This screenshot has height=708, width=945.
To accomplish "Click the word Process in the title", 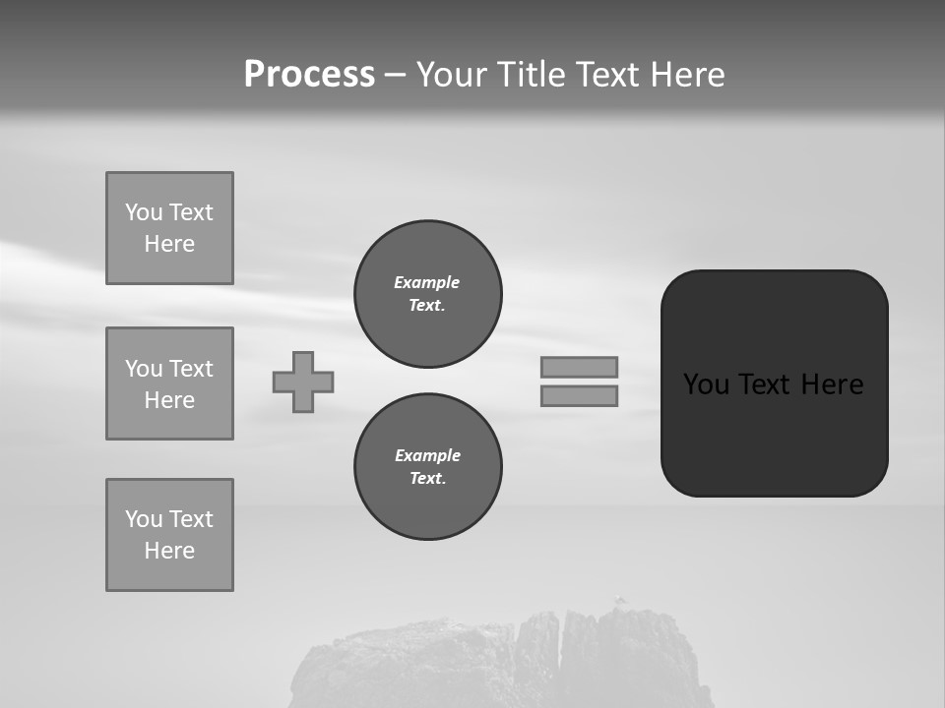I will tap(309, 75).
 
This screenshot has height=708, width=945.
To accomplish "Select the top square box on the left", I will tap(169, 228).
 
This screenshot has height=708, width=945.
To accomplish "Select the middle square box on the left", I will tap(169, 383).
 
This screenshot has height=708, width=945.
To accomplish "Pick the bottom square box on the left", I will tap(169, 535).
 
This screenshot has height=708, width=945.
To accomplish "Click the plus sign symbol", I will tap(303, 382).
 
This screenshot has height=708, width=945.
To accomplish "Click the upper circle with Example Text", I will tap(427, 294).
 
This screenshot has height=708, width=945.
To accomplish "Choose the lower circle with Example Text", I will tap(427, 467).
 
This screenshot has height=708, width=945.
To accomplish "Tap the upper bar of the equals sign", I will tap(579, 367).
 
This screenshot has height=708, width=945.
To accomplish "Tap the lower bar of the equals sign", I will tap(579, 396).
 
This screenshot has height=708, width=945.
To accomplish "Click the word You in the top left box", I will tap(143, 212).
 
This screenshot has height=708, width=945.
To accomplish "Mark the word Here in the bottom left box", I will tap(169, 551).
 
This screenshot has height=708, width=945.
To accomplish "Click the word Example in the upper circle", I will tap(427, 282).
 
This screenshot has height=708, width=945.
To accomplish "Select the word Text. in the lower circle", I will tap(427, 479).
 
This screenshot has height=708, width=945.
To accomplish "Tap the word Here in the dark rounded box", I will tap(832, 384).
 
